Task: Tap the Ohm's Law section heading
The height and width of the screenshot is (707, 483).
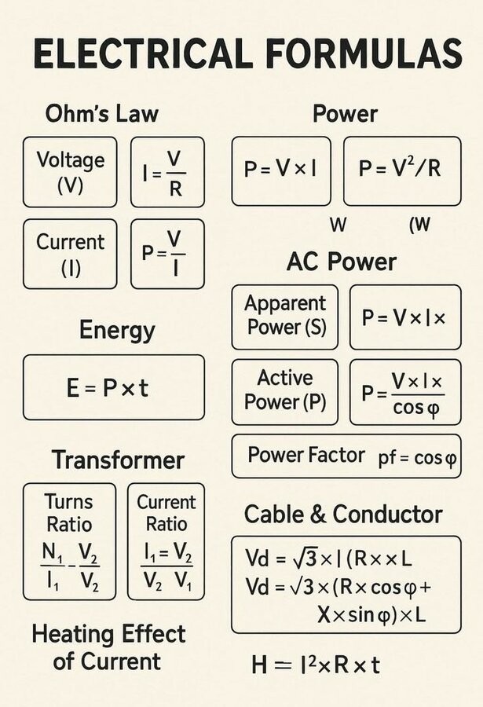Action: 101,113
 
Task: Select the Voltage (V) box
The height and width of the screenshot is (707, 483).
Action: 70,172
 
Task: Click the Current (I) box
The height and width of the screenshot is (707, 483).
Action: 70,254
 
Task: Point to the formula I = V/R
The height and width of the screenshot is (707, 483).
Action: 167,172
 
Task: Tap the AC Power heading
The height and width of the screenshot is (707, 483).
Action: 342,262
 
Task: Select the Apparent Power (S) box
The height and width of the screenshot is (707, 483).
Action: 285,316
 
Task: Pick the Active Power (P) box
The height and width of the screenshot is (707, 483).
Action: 285,391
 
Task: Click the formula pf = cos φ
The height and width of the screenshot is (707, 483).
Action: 417,456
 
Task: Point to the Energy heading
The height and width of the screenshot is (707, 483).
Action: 117,330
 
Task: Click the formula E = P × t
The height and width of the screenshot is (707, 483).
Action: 113,387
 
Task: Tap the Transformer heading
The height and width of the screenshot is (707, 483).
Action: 118,460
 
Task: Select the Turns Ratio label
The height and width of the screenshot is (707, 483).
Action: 69,513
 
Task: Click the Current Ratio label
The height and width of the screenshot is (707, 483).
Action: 166,513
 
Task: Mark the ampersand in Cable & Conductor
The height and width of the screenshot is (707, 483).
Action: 318,515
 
